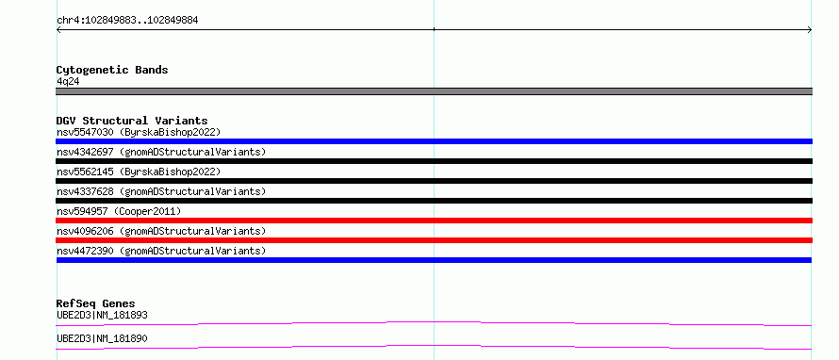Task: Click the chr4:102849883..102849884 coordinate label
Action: [x=127, y=21]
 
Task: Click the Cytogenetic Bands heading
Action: [x=112, y=70]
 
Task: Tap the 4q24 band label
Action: [x=69, y=82]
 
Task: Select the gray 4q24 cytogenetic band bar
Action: [x=434, y=91]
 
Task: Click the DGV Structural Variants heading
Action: [x=132, y=121]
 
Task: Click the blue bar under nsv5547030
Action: [x=434, y=141]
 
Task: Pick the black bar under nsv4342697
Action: [x=434, y=161]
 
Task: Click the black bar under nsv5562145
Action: [x=434, y=181]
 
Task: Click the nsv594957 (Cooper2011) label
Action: [x=119, y=211]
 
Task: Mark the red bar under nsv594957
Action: [x=434, y=221]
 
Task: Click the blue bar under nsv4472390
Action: [x=434, y=260]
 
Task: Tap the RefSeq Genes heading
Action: [x=96, y=304]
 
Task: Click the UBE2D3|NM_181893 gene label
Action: [x=102, y=316]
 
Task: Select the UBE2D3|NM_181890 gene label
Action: [x=102, y=339]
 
